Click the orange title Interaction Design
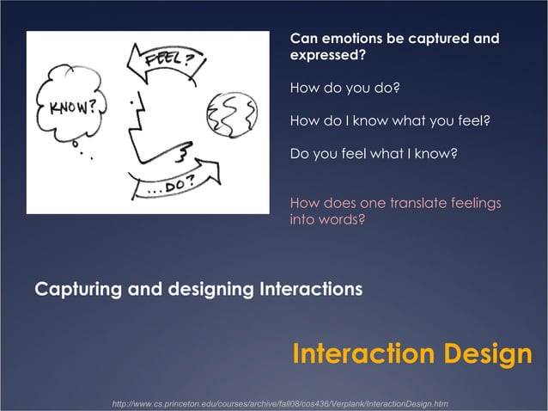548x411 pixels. click(x=411, y=354)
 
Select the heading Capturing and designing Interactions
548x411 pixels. click(x=198, y=289)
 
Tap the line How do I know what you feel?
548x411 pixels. click(x=389, y=121)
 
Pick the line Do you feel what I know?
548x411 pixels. click(x=374, y=155)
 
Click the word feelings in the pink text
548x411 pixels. click(x=472, y=203)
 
